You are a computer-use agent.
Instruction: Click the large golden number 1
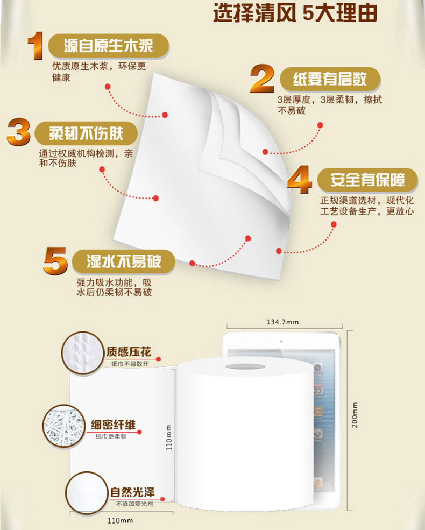tap(36, 46)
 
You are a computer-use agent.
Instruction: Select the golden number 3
tap(19, 132)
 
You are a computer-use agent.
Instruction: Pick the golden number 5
tap(56, 260)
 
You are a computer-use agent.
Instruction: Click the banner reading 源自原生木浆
tap(109, 46)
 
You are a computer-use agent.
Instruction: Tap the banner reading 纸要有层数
tap(330, 79)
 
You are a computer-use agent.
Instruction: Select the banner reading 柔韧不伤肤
tap(86, 133)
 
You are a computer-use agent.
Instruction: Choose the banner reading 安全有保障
tap(367, 180)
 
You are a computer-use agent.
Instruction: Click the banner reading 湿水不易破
tap(124, 262)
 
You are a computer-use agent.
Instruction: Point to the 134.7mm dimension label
tap(282, 322)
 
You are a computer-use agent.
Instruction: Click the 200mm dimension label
tap(355, 415)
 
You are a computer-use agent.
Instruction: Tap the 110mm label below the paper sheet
tap(121, 520)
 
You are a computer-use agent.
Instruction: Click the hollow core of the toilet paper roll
tap(245, 367)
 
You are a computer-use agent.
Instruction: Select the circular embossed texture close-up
tap(83, 353)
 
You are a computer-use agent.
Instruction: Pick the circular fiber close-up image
tap(64, 426)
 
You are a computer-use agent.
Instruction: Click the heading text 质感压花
tap(129, 352)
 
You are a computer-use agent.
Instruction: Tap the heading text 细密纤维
tap(113, 425)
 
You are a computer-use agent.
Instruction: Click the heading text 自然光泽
tap(132, 492)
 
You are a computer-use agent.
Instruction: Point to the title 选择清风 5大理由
tap(295, 13)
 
